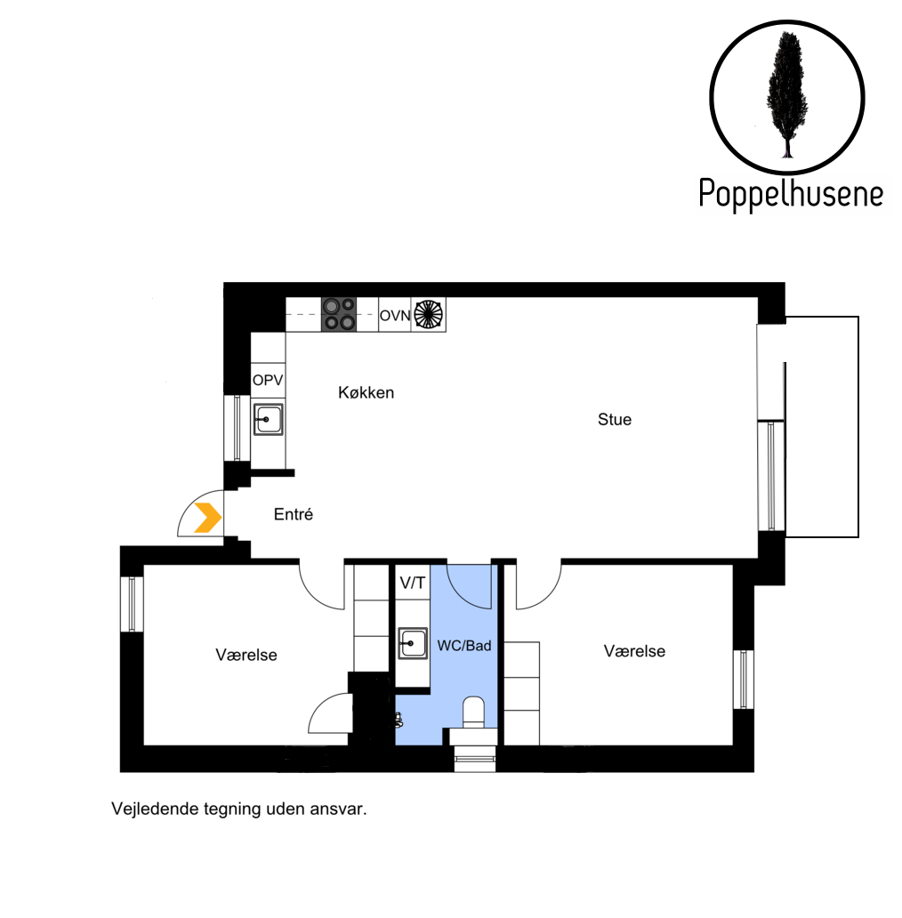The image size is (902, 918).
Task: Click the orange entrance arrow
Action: click(208, 518)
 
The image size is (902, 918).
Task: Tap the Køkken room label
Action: click(366, 392)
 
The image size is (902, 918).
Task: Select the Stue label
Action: click(615, 419)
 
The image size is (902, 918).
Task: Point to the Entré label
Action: click(294, 514)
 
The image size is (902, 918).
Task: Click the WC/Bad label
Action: click(464, 645)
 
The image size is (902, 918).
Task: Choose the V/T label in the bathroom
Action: click(413, 583)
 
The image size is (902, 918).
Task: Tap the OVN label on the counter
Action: click(395, 316)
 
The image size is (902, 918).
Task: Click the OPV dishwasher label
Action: click(268, 380)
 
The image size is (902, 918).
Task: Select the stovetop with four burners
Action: click(338, 314)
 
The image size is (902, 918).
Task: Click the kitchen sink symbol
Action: click(268, 419)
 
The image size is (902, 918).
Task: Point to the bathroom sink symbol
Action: click(413, 643)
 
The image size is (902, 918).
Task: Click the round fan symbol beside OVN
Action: click(429, 314)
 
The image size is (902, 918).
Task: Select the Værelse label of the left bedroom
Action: click(246, 655)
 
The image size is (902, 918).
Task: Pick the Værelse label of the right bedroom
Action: click(634, 651)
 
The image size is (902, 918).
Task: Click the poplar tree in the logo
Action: click(787, 95)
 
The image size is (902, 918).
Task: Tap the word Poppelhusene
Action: click(791, 194)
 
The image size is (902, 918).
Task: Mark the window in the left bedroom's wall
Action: click(132, 604)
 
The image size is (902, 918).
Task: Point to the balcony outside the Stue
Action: click(822, 427)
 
